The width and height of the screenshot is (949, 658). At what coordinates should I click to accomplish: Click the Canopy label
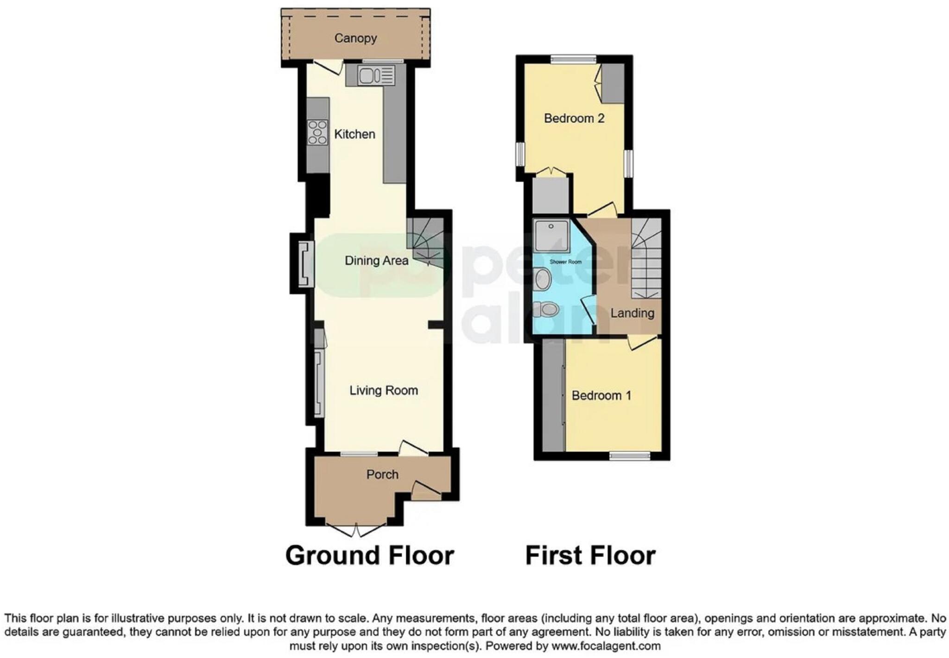355,38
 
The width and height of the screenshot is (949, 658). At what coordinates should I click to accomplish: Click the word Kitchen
354,134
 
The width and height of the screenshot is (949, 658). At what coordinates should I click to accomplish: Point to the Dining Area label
376,261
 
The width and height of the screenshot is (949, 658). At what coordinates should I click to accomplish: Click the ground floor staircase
425,243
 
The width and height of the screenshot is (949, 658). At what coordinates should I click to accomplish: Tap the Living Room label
383,390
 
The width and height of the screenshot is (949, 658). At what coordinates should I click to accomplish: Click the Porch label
382,475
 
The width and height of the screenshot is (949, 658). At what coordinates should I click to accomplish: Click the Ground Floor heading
369,555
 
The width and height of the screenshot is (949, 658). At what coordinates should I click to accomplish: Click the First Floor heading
590,555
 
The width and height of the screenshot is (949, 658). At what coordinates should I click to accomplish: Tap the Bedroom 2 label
574,119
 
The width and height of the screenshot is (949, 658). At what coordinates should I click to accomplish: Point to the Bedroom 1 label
601,395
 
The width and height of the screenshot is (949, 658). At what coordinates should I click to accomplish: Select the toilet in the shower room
545,309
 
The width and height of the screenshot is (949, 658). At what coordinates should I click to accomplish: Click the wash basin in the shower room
542,280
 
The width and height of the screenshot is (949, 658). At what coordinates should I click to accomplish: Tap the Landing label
632,313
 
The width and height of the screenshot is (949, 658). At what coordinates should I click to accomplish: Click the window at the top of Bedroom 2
573,59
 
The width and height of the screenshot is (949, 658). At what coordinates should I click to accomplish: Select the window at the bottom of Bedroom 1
629,456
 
